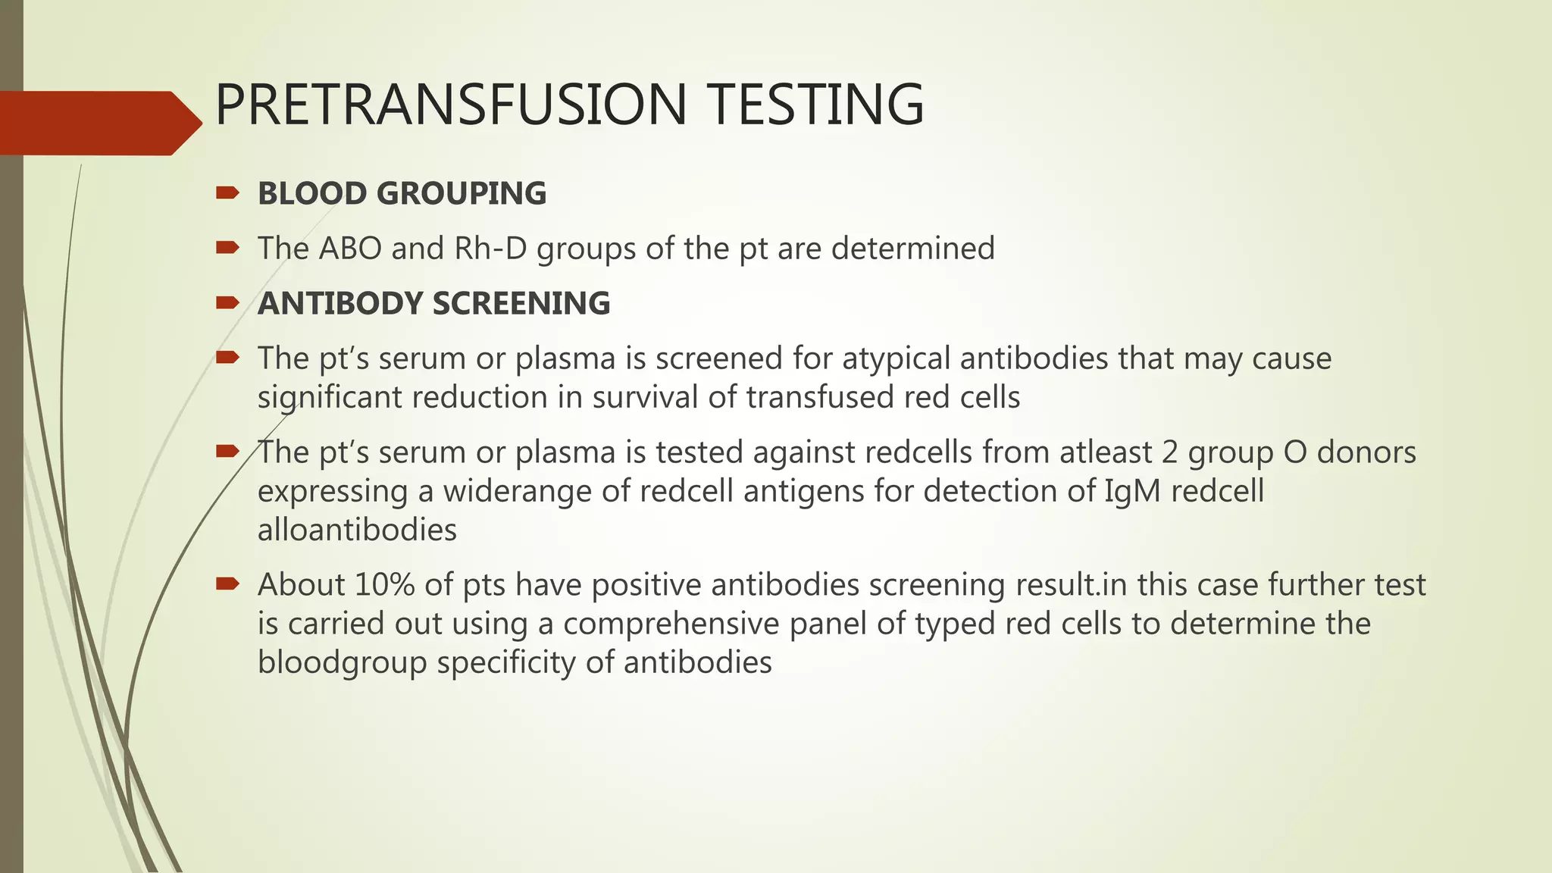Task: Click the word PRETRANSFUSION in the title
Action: (451, 105)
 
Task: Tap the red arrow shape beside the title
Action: (99, 123)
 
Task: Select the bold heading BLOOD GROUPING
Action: (402, 194)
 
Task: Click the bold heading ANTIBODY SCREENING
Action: (433, 304)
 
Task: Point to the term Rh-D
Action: (490, 249)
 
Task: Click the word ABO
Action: (350, 249)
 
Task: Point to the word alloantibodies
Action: (357, 530)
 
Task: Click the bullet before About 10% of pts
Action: (227, 584)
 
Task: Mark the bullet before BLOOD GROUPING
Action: (227, 192)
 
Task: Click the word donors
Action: (1366, 452)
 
